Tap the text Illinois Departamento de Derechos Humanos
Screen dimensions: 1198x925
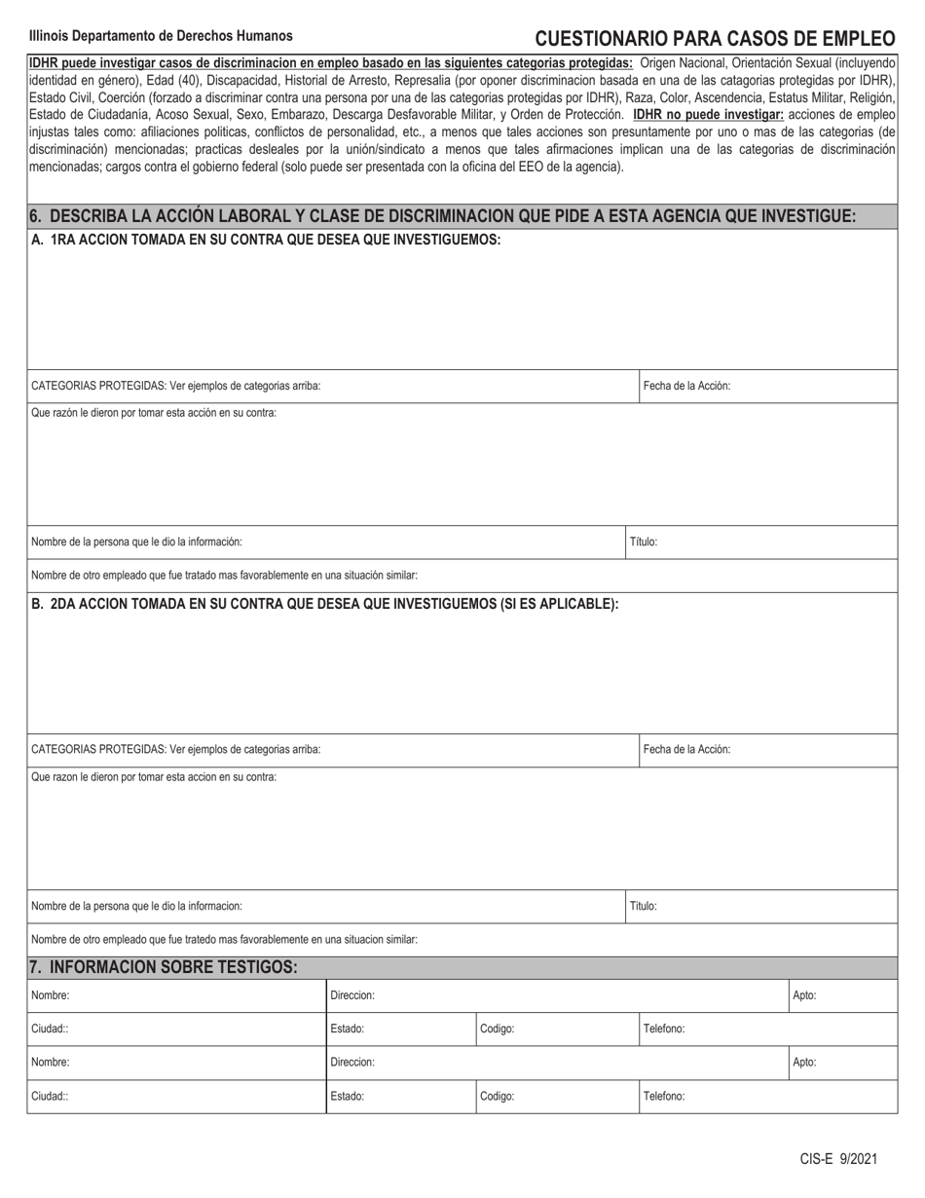[x=161, y=36]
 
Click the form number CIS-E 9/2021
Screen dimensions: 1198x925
[x=838, y=1159]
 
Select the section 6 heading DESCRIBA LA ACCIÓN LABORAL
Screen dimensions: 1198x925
[x=443, y=216]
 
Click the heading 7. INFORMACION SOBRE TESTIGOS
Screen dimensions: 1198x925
[x=163, y=967]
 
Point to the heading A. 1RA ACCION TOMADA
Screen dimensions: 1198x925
[x=266, y=240]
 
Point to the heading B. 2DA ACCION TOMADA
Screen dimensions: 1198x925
[x=325, y=604]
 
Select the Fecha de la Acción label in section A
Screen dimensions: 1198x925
[x=686, y=386]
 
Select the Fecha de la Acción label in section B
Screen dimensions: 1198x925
[x=686, y=750]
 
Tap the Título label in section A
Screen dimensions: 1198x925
[x=644, y=542]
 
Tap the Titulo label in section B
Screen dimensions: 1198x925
[x=644, y=906]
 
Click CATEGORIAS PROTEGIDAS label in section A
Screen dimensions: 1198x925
[x=176, y=386]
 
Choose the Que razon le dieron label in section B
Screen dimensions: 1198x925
[x=154, y=777]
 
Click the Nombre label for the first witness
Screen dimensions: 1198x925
[x=51, y=996]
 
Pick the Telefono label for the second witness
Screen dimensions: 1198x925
[x=664, y=1096]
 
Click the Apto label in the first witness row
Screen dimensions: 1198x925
[x=804, y=996]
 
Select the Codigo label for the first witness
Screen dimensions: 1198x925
[x=498, y=1030]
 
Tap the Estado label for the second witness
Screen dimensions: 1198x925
[x=348, y=1096]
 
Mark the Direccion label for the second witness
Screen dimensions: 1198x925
[x=352, y=1063]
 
